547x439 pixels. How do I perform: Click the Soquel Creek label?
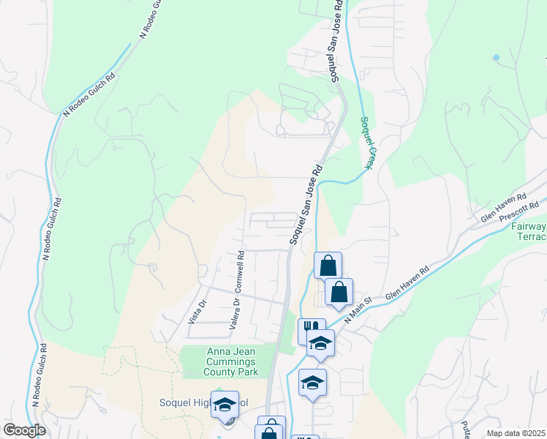(x=366, y=143)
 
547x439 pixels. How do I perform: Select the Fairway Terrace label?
(x=527, y=233)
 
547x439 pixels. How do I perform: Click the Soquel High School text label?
(x=205, y=402)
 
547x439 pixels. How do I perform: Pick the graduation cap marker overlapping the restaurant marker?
(x=320, y=342)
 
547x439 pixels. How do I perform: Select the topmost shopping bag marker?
(x=328, y=264)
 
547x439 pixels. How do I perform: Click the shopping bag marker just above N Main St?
(x=339, y=292)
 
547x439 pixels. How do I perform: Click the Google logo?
(x=25, y=430)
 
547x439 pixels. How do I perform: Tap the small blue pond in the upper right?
(x=497, y=57)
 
